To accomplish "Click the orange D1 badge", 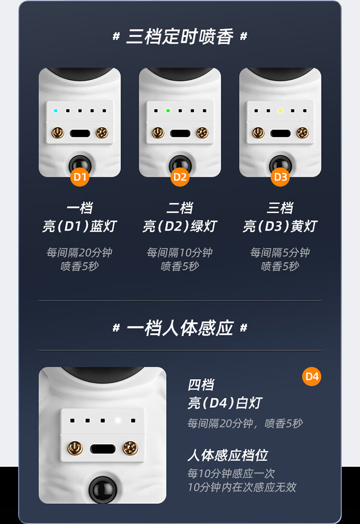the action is tap(80, 177).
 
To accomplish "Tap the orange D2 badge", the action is tap(180, 177).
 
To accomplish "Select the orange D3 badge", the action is tap(280, 177).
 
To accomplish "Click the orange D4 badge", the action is tap(312, 377).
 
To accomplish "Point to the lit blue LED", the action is tap(56, 111).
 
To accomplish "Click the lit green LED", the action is tap(168, 111).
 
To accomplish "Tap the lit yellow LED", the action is tap(280, 111).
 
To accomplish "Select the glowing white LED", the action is tap(118, 420).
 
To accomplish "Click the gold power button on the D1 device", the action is tap(58, 133).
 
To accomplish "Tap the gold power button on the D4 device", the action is tap(75, 448).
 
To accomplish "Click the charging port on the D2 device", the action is tap(180, 134).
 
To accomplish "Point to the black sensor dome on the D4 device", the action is tap(103, 490).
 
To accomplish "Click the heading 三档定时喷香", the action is tap(180, 36).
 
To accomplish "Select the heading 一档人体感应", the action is tap(180, 328).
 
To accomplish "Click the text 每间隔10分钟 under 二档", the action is tap(180, 252).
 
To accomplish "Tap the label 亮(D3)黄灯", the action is tap(280, 226).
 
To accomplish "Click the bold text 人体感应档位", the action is tap(228, 455).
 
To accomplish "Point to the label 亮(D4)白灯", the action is tap(225, 403).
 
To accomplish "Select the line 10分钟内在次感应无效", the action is tap(242, 487).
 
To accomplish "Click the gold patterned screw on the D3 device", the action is tap(302, 133).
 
